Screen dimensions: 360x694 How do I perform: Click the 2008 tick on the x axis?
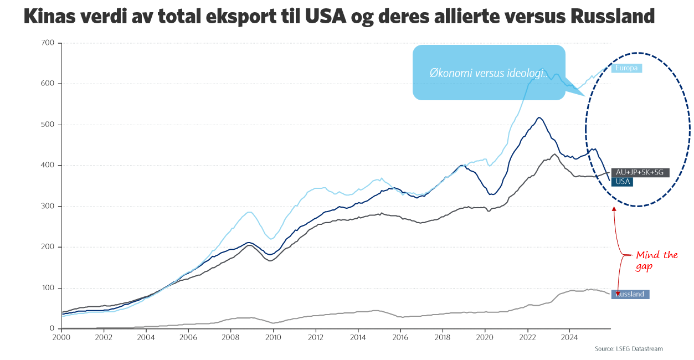(x=230, y=337)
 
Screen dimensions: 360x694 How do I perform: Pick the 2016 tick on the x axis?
(x=400, y=337)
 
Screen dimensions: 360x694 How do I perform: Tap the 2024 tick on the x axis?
(x=569, y=337)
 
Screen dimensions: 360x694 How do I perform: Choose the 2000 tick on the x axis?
(x=61, y=337)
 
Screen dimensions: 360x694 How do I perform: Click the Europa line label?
(x=626, y=68)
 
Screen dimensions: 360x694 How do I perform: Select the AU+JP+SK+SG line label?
(x=640, y=173)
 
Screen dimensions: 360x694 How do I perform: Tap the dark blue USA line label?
(x=623, y=182)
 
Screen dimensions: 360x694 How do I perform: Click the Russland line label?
(x=630, y=294)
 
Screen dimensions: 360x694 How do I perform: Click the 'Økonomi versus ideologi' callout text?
(x=488, y=73)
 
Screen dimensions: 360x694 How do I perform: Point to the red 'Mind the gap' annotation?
(x=656, y=260)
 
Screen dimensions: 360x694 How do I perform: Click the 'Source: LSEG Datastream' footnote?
(x=629, y=349)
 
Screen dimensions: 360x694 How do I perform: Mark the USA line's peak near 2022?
(x=539, y=117)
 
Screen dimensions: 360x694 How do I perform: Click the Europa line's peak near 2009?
(x=250, y=212)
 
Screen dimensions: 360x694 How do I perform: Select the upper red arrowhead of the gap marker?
(x=614, y=209)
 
